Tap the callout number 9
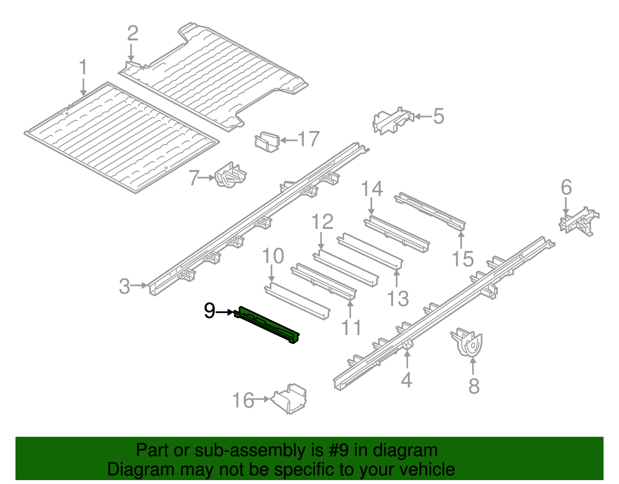[209, 311]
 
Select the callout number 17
[308, 139]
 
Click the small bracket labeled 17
[267, 142]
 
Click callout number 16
[243, 400]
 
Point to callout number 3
[124, 286]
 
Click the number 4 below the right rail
[406, 380]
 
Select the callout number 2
[133, 33]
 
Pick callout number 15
[462, 258]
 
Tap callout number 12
[322, 222]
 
